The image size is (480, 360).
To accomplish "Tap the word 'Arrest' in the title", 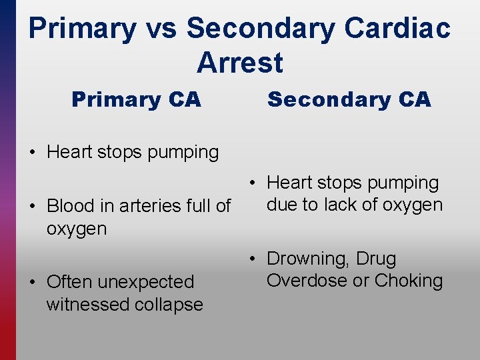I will [x=240, y=63].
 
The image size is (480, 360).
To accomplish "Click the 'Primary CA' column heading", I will [x=136, y=100].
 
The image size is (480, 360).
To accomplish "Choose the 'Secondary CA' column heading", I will [x=349, y=100].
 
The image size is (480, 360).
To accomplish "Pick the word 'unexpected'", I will [x=146, y=283].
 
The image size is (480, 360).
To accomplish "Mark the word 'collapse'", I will [x=171, y=305].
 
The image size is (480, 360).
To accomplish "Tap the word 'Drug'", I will [x=377, y=259].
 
